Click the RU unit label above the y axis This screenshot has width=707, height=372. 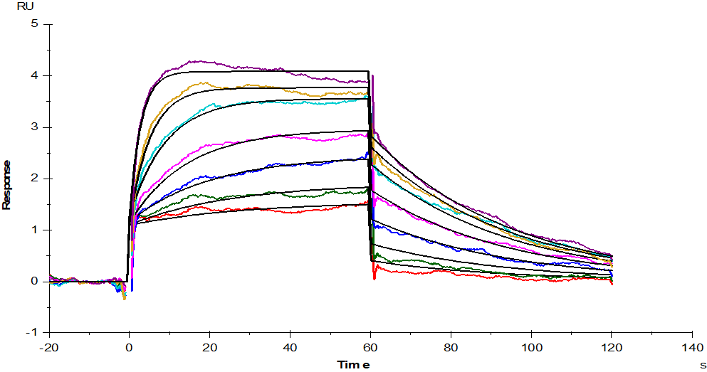click(x=24, y=6)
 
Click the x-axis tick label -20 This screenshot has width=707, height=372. click(x=49, y=349)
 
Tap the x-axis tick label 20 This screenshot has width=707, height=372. click(x=209, y=349)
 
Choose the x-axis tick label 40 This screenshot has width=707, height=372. click(x=290, y=349)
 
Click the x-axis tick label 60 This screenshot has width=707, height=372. click(x=370, y=349)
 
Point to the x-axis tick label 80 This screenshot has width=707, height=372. click(x=451, y=349)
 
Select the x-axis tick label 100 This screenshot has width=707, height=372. click(x=531, y=349)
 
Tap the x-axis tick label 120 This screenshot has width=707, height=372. click(x=612, y=349)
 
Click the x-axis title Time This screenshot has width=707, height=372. click(x=353, y=364)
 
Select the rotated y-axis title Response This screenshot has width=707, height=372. click(x=7, y=184)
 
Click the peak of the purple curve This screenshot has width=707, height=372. click(x=191, y=61)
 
